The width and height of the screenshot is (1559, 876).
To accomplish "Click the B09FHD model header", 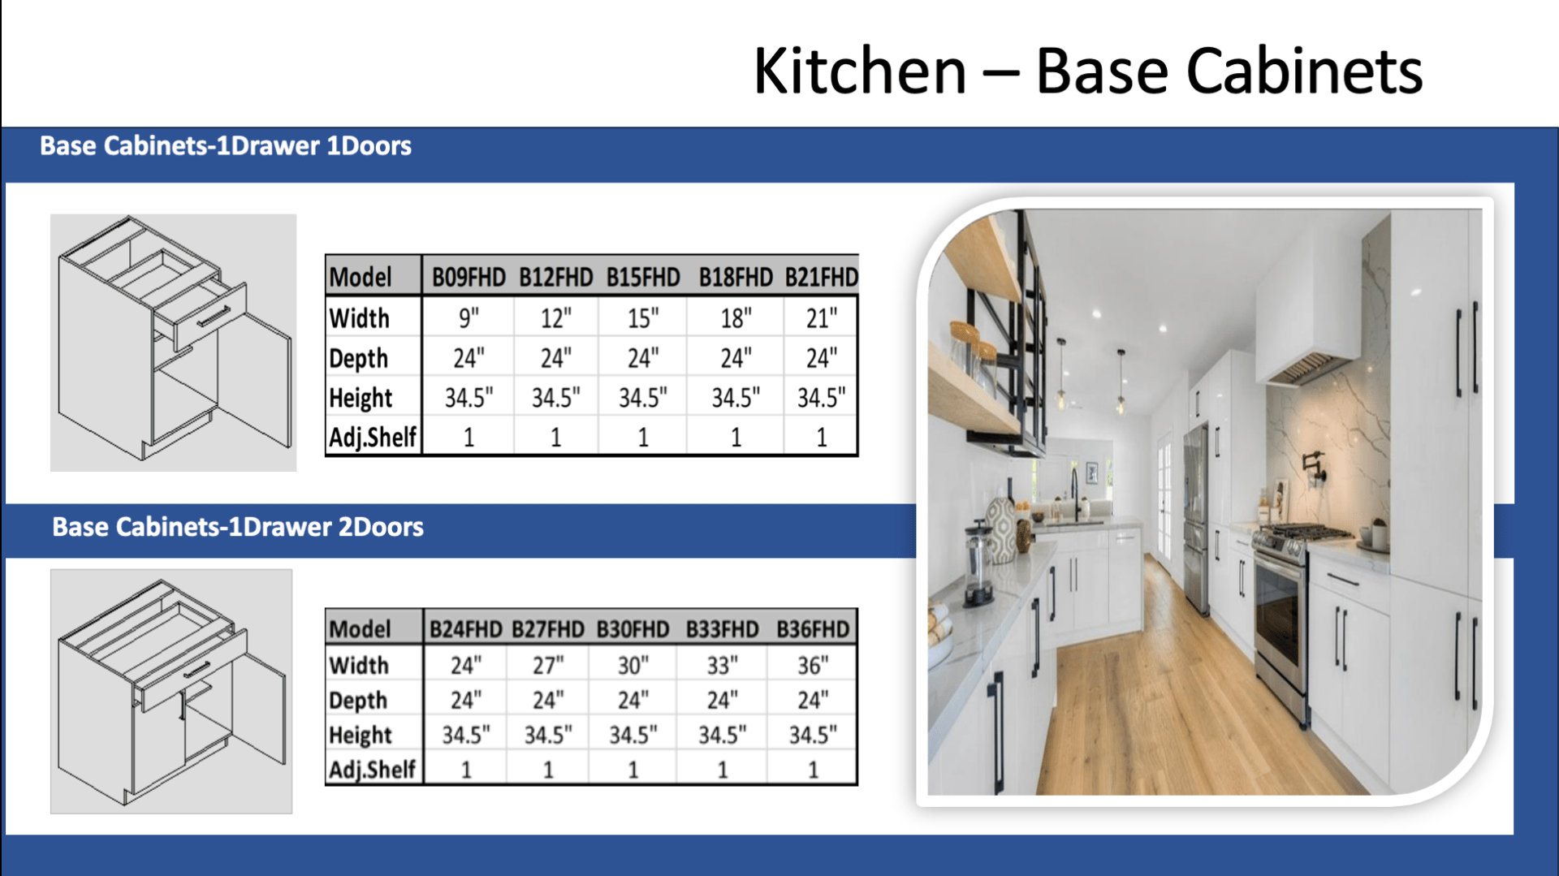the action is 469,278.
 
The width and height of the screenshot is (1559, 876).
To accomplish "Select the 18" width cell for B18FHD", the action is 736,318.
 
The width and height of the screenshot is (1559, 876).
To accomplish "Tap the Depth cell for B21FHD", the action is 821,358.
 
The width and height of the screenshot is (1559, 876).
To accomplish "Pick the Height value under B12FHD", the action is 555,398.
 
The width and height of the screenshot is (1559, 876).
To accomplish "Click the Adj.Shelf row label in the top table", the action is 373,438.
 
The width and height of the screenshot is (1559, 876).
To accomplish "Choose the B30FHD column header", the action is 633,629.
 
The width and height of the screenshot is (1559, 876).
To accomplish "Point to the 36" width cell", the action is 812,666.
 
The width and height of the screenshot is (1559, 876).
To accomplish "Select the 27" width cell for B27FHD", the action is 548,666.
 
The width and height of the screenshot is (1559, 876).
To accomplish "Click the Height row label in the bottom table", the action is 361,736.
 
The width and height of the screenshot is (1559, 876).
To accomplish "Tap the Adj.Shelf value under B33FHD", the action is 722,770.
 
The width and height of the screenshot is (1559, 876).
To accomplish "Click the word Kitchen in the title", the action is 860,71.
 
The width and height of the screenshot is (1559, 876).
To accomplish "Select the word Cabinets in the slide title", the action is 1305,71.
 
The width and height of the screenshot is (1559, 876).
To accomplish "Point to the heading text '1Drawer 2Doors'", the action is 326,527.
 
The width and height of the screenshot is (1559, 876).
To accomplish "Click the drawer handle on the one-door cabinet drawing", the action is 213,316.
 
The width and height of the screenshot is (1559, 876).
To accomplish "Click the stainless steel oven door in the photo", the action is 1280,617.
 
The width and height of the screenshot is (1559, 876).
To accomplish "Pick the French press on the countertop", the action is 978,566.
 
